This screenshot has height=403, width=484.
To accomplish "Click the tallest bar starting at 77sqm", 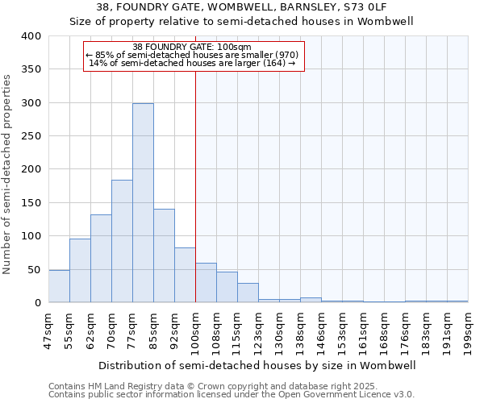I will [x=143, y=203].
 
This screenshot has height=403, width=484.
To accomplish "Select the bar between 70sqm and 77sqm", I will [x=122, y=241].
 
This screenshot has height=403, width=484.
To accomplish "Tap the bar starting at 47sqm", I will [x=59, y=286].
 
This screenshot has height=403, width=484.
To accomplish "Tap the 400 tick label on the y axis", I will [x=31, y=36].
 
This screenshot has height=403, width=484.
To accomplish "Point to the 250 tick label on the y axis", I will [x=31, y=136].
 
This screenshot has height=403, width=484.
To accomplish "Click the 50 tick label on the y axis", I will [x=34, y=269].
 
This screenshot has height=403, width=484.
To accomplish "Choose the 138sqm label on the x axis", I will [x=301, y=330].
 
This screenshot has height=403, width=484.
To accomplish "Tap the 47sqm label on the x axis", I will [x=49, y=330].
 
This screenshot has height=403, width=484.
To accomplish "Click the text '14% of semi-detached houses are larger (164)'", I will [x=194, y=63].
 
